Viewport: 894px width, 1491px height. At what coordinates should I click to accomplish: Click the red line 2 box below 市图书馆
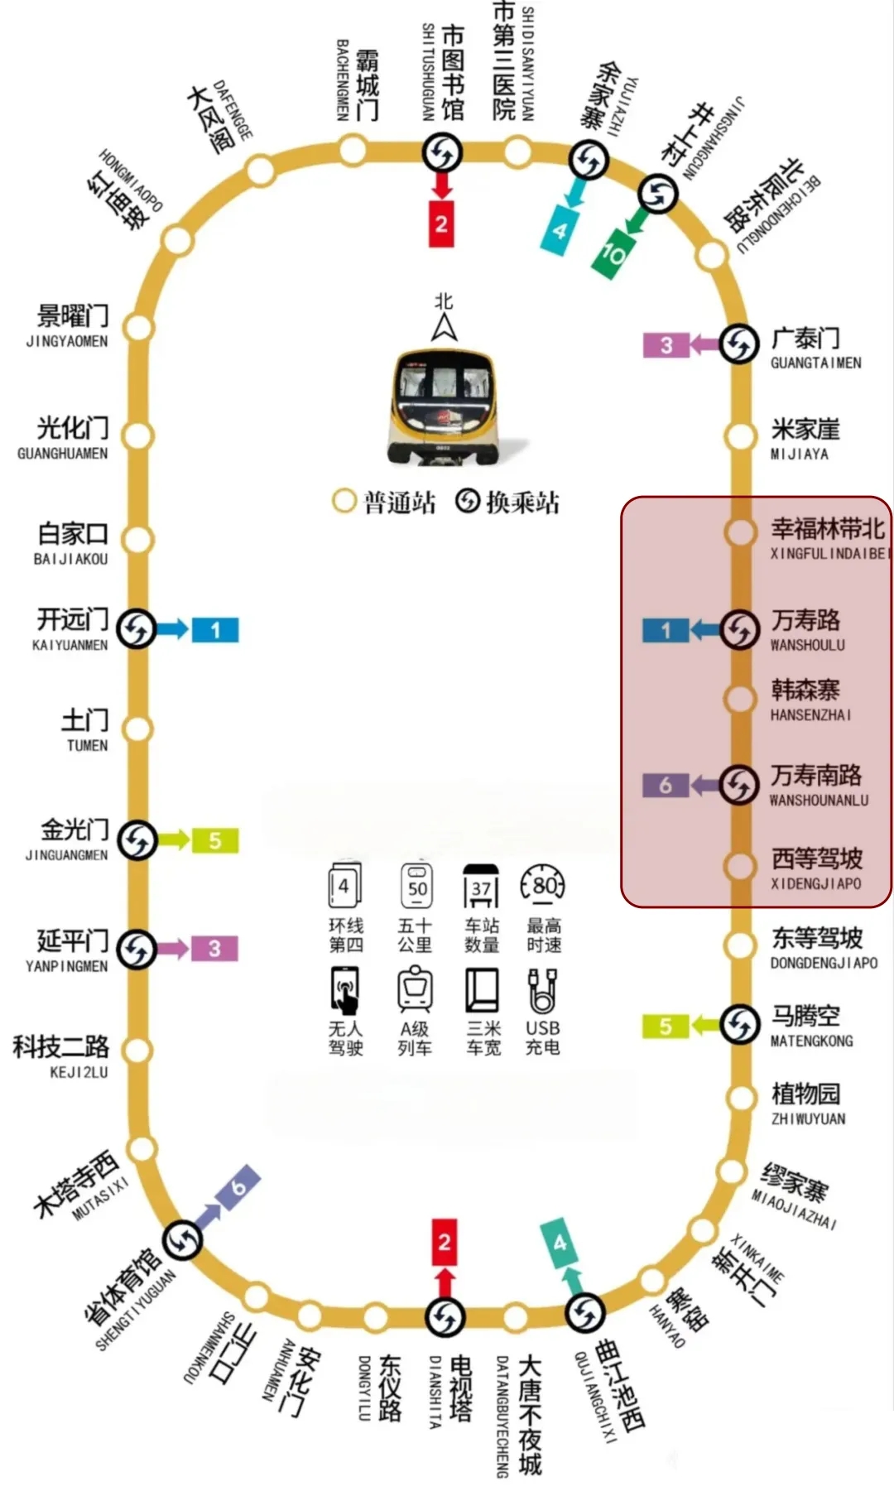click(x=441, y=224)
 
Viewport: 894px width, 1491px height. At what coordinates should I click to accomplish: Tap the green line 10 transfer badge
click(x=612, y=253)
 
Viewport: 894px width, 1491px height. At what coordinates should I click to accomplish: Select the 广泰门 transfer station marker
click(x=739, y=344)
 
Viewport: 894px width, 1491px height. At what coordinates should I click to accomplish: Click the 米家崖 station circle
click(x=739, y=435)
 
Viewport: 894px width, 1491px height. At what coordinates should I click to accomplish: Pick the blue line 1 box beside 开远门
click(x=215, y=630)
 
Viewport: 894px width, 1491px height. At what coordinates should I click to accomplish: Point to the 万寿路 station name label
click(x=805, y=620)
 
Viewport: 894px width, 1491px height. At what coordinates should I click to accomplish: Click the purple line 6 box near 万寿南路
click(x=666, y=785)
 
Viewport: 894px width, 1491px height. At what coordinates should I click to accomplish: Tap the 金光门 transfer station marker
click(x=137, y=841)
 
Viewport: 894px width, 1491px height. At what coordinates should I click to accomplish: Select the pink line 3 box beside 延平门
click(x=214, y=949)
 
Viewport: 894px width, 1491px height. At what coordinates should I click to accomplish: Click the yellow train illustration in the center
click(x=445, y=406)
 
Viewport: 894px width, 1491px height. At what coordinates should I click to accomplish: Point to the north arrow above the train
click(x=445, y=328)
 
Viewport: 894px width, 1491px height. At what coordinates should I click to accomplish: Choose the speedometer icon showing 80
click(x=543, y=887)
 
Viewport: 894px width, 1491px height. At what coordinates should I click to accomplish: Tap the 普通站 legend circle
click(x=344, y=501)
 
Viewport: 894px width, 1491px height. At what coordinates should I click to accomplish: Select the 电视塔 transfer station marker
click(x=445, y=1316)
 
